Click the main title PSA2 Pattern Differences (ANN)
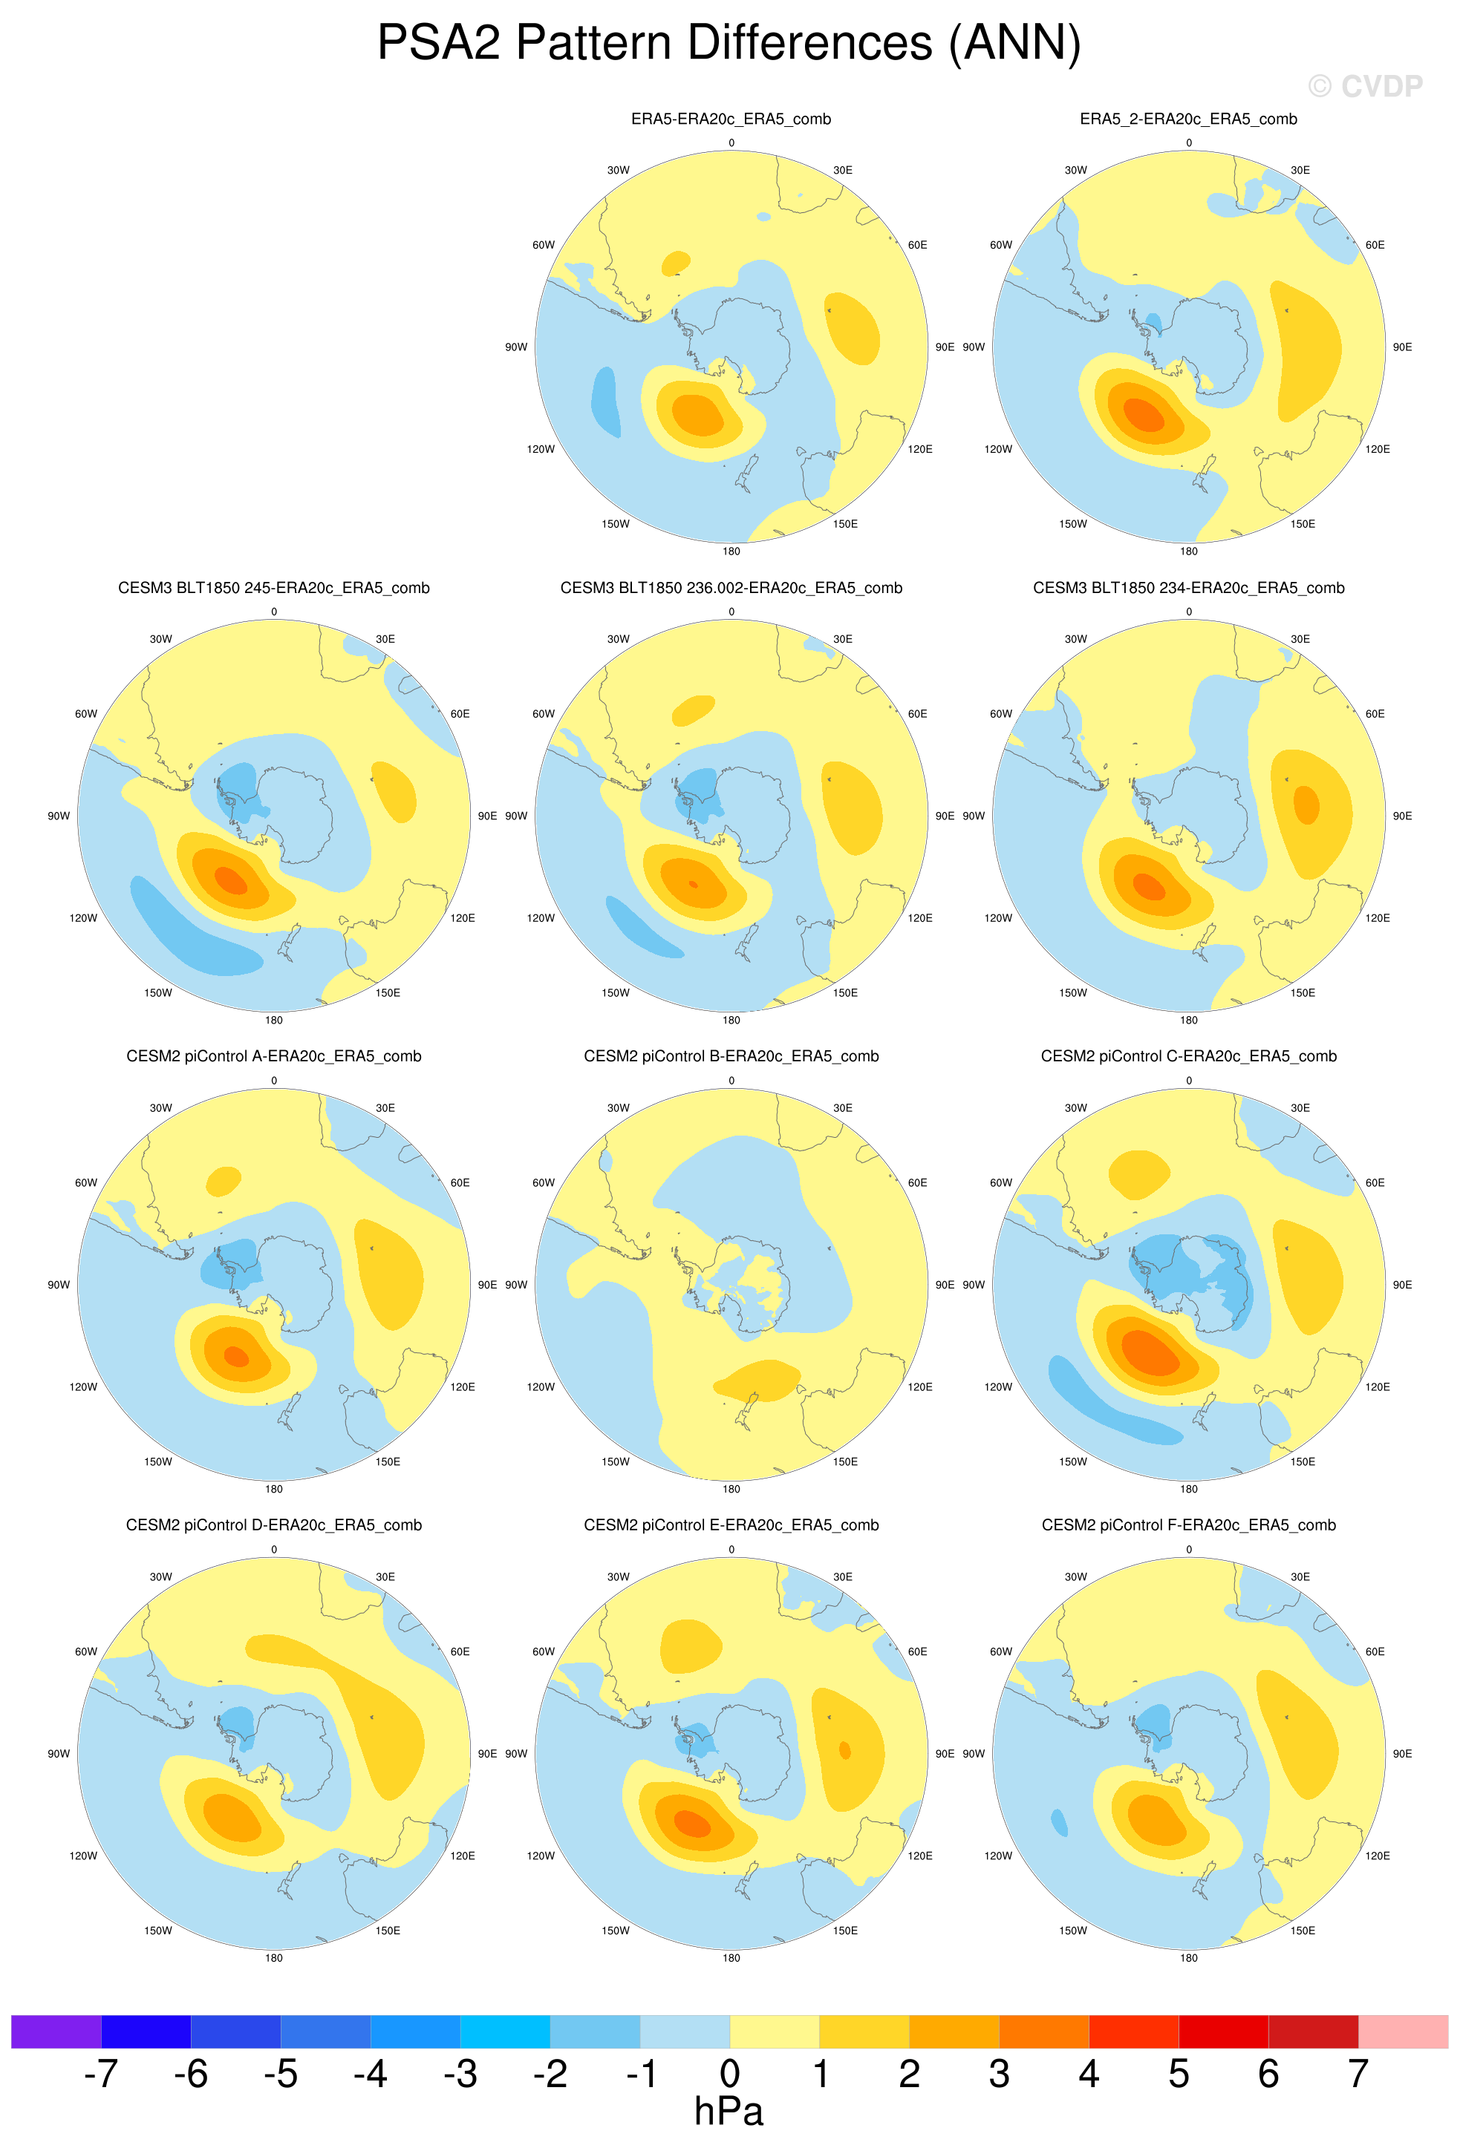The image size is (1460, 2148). [x=729, y=44]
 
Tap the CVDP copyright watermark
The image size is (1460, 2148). [x=1365, y=87]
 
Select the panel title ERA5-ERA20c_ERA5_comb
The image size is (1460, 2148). [x=731, y=119]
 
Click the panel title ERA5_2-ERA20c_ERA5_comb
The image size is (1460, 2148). [x=1188, y=119]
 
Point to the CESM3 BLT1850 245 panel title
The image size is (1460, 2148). [x=274, y=588]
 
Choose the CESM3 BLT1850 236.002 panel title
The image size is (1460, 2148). [x=731, y=588]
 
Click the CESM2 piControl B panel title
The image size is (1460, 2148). [x=731, y=1056]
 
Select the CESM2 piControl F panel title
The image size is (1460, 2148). [x=1188, y=1525]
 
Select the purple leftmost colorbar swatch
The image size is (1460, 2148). [x=56, y=2031]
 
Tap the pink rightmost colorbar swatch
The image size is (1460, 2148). [x=1403, y=2031]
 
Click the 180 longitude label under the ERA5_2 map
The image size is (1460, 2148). [x=1188, y=551]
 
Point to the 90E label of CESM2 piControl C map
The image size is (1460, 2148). [x=1402, y=1285]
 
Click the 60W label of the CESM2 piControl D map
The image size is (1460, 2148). [x=85, y=1651]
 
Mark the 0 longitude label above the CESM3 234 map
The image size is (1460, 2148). [x=1188, y=612]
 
